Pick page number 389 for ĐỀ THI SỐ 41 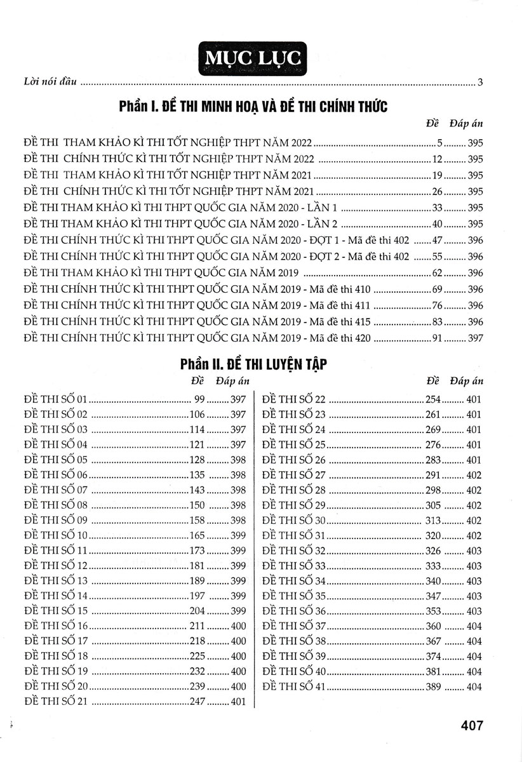click(x=432, y=687)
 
